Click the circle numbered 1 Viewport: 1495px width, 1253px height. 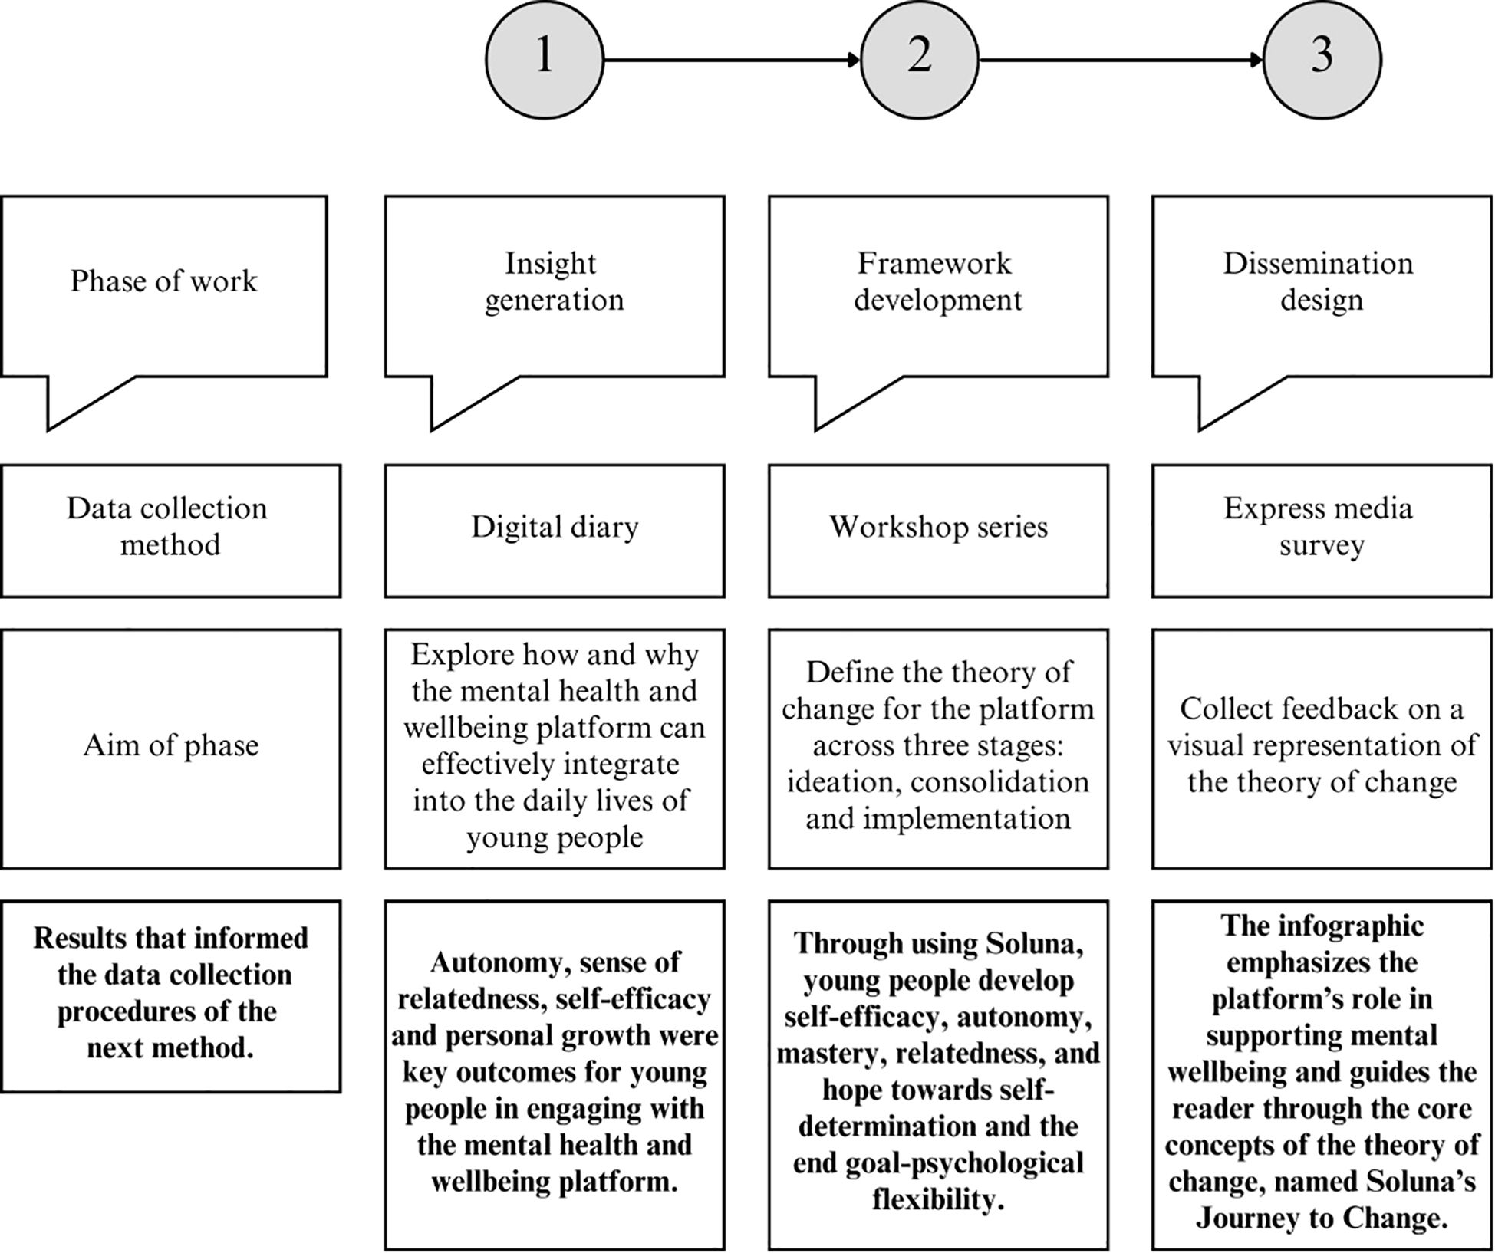[x=544, y=59]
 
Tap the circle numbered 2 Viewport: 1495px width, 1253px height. [x=920, y=59]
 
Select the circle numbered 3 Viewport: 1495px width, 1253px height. [x=1322, y=59]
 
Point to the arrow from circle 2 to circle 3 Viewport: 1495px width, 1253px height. [x=1120, y=59]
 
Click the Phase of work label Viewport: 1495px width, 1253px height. [x=163, y=281]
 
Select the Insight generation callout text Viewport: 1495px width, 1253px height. [x=553, y=281]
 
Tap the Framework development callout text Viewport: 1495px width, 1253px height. [x=937, y=281]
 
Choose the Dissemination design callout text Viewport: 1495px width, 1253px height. [x=1320, y=281]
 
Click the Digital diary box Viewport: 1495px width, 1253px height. [x=554, y=528]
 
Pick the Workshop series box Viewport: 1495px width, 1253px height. [x=937, y=528]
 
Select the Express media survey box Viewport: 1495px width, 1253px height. [x=1320, y=528]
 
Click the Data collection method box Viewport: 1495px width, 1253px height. [x=169, y=528]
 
